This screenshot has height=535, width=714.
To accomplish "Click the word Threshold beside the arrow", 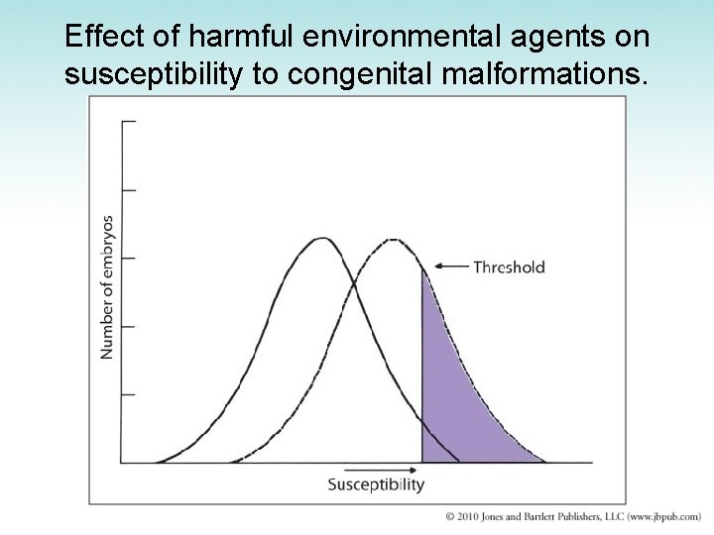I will [x=509, y=267].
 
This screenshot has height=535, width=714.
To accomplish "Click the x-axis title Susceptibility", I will [x=376, y=484].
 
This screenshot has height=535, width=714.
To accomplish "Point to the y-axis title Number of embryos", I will [x=107, y=287].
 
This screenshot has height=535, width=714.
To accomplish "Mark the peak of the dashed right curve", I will [x=394, y=240].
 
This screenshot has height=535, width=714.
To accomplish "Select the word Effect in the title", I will [x=95, y=37].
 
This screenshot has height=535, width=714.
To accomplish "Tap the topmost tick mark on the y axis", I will [x=129, y=122].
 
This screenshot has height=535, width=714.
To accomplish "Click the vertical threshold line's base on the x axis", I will [x=423, y=462].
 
